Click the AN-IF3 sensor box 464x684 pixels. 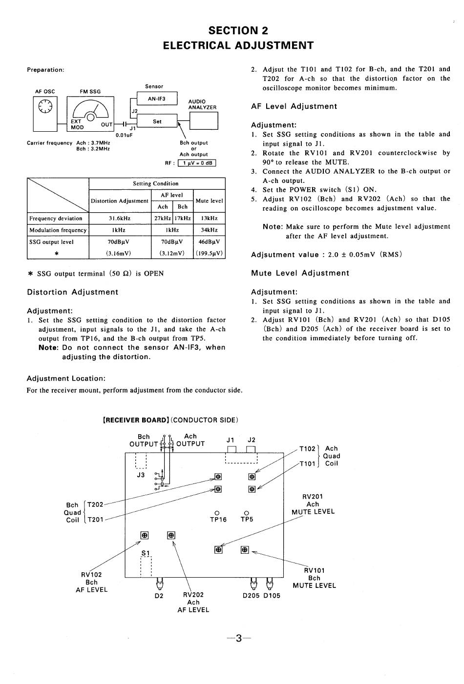point(157,99)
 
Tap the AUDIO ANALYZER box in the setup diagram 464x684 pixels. point(204,121)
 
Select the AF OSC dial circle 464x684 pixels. point(45,106)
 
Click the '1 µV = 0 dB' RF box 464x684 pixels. point(197,163)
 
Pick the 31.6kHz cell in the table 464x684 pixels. point(120,219)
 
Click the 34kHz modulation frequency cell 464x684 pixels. point(210,230)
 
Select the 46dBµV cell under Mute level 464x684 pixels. point(210,242)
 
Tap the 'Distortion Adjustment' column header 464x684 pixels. point(120,201)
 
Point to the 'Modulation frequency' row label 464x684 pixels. point(58,230)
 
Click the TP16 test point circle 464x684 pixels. point(217,513)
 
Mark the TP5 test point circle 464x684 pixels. point(247,513)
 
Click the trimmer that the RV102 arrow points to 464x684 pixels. point(145,535)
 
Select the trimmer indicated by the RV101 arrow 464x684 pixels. point(245,550)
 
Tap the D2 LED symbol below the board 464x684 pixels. point(159,583)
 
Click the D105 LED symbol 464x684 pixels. point(269,583)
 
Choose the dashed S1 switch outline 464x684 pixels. point(146,566)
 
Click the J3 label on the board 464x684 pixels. point(141,475)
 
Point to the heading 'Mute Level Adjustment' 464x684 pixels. point(300,273)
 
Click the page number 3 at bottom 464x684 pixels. point(239,638)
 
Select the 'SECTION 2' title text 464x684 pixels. point(238,31)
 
